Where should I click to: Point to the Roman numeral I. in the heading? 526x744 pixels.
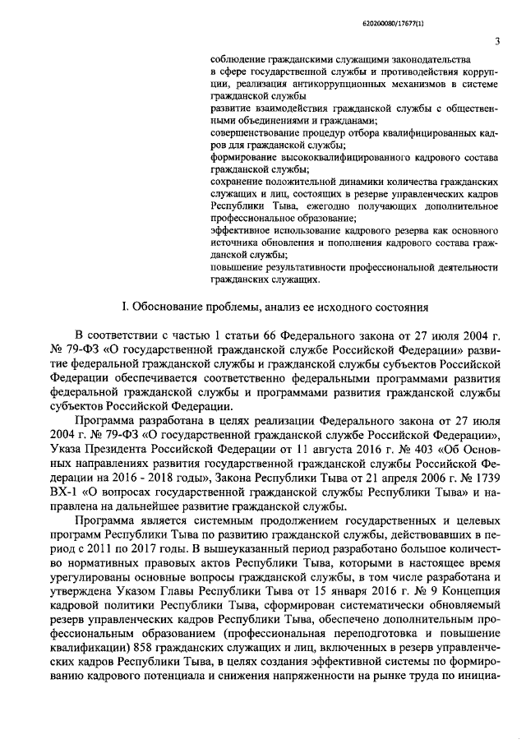pyautogui.click(x=124, y=308)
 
